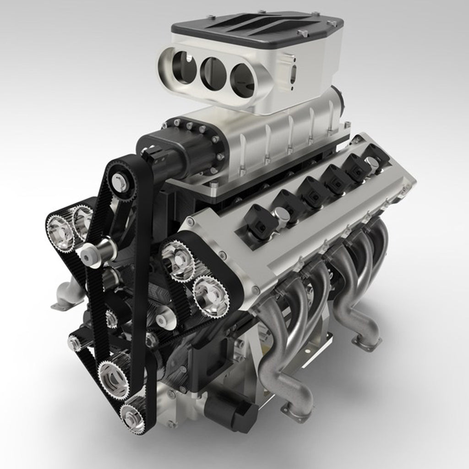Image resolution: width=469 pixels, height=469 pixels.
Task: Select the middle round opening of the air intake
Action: (213, 73)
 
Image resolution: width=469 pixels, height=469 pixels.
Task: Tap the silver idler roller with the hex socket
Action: (97, 251)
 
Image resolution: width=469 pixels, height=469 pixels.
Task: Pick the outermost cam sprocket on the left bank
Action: (60, 231)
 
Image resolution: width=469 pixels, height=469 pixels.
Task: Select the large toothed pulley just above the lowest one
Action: (114, 376)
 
